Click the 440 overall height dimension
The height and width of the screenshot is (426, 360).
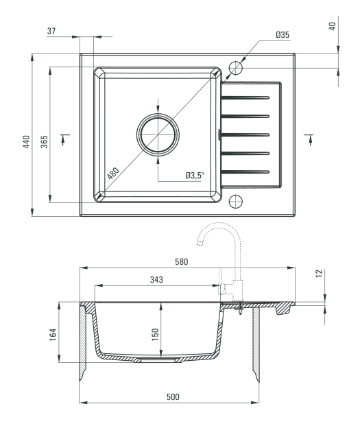coord(26,141)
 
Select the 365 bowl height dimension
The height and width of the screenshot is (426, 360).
coord(44,141)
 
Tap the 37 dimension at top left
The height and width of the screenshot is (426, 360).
coord(51,31)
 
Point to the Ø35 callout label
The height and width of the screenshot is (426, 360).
coord(283,35)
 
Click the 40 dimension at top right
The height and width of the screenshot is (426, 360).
coord(333,26)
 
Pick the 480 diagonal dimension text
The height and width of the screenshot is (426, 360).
coord(113,174)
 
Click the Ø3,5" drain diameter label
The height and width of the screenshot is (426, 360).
coord(195,175)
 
